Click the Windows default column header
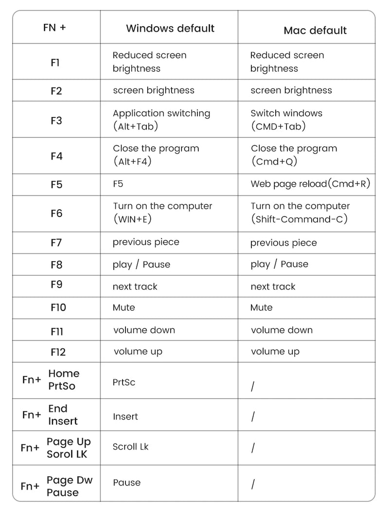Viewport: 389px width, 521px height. (x=170, y=28)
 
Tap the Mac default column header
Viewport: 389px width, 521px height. (x=315, y=31)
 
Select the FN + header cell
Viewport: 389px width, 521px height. (x=54, y=28)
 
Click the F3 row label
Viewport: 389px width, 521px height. (x=56, y=120)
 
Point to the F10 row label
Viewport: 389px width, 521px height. (x=58, y=307)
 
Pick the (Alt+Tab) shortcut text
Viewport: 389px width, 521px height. (x=136, y=127)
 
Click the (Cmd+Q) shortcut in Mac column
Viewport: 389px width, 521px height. (x=274, y=162)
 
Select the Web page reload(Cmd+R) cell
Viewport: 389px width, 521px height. (x=310, y=184)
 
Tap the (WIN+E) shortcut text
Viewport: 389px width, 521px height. (x=132, y=219)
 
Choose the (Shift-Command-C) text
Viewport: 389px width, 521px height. (x=299, y=219)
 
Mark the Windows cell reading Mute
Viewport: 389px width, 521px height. (x=124, y=307)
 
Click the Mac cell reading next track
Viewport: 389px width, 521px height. (x=273, y=286)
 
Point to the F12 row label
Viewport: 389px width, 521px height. (x=58, y=352)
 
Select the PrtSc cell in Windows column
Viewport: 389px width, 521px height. (x=124, y=382)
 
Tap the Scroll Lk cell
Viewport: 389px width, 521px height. (x=131, y=447)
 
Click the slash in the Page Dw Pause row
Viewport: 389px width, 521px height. (x=253, y=484)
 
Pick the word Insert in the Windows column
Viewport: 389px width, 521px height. (x=125, y=417)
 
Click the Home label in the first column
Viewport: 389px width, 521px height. (x=64, y=373)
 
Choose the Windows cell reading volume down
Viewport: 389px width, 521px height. (x=144, y=330)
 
